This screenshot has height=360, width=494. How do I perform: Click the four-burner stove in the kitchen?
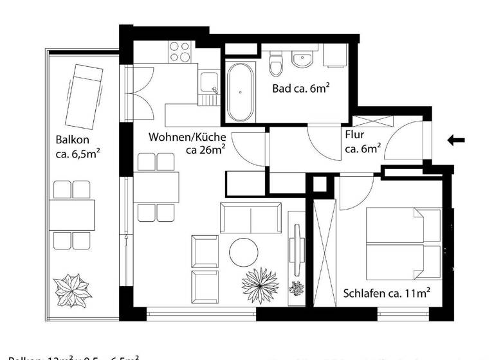[x=179, y=52]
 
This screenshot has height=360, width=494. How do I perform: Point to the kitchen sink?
[x=208, y=83]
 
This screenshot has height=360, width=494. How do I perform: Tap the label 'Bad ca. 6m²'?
[x=300, y=89]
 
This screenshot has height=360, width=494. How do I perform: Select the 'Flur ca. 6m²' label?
[x=363, y=142]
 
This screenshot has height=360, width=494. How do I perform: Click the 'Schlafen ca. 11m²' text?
[x=386, y=293]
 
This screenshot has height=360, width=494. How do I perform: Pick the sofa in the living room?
[x=251, y=218]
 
